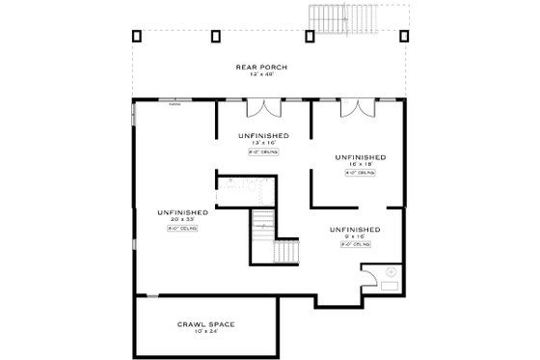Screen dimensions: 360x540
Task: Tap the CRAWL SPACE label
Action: click(x=206, y=323)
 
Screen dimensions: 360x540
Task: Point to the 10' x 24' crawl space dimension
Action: click(x=206, y=332)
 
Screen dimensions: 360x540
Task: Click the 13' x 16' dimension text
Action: click(x=262, y=142)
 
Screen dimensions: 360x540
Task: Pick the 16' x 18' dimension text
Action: click(x=361, y=164)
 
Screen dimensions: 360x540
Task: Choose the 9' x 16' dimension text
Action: click(x=354, y=236)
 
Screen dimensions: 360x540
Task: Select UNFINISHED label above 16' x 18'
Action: click(x=361, y=156)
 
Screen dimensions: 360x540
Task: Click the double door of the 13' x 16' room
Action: click(x=261, y=107)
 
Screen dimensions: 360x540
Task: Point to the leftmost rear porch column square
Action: click(x=136, y=36)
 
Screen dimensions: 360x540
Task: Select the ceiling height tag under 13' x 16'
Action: click(x=262, y=151)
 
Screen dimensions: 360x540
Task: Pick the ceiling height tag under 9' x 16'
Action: click(x=354, y=245)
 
